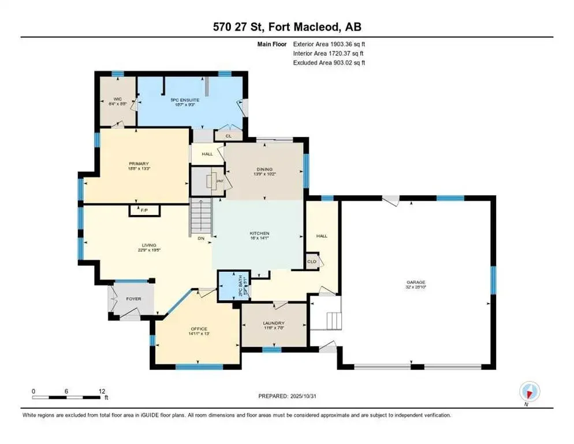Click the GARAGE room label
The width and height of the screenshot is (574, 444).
coord(416,280)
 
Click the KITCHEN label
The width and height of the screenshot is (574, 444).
coord(260,233)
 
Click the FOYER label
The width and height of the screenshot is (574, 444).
coord(134,299)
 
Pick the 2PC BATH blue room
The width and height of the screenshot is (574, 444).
coord(228,285)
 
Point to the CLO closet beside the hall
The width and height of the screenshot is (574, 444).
coord(311,261)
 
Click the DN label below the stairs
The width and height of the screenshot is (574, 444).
coord(200,238)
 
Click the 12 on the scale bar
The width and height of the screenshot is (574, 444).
coord(102,391)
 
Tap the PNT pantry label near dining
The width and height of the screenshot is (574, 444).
coord(219,181)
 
